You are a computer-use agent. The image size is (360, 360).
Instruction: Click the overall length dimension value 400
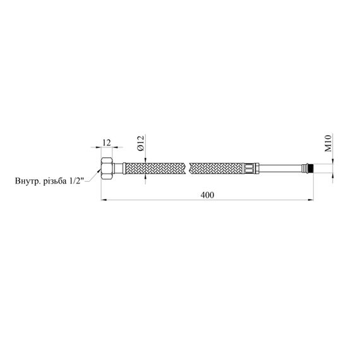pos(207,195)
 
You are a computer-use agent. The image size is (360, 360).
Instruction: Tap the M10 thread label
pos(328,143)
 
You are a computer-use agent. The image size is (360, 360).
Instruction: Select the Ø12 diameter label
pos(140,143)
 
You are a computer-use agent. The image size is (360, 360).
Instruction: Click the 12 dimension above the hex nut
pos(107,143)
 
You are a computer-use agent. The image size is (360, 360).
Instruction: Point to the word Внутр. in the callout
pos(28,181)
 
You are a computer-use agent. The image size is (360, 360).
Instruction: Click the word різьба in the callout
pos(55,181)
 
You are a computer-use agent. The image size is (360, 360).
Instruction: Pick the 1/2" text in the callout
pos(76,181)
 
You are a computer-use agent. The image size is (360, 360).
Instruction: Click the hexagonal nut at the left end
pos(107,168)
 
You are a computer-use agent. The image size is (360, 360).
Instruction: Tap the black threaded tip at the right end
pos(311,168)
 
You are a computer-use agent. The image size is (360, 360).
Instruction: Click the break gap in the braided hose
pos(186,168)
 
